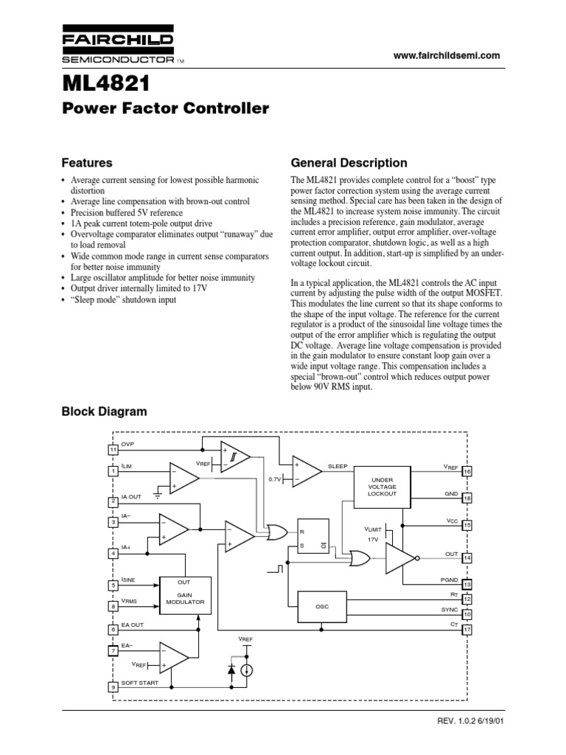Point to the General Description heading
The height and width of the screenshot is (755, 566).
click(349, 162)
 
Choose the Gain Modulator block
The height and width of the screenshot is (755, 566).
click(184, 596)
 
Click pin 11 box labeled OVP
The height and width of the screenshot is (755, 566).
click(113, 450)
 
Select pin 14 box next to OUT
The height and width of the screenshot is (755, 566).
click(467, 557)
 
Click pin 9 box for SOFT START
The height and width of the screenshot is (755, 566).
click(113, 686)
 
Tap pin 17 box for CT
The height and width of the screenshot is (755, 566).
click(467, 630)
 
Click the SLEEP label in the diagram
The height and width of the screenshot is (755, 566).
click(338, 467)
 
